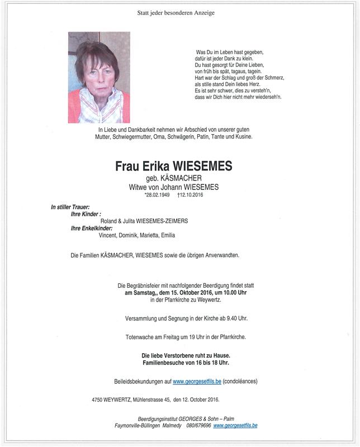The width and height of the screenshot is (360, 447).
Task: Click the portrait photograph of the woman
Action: (99, 77)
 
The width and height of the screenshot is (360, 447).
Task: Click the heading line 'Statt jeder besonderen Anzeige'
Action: (176, 12)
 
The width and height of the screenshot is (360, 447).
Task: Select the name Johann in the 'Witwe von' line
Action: (171, 187)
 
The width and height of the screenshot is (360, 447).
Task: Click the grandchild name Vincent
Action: (108, 235)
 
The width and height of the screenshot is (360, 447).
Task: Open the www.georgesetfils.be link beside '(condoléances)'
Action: (197, 381)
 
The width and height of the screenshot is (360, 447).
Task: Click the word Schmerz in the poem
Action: (267, 79)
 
